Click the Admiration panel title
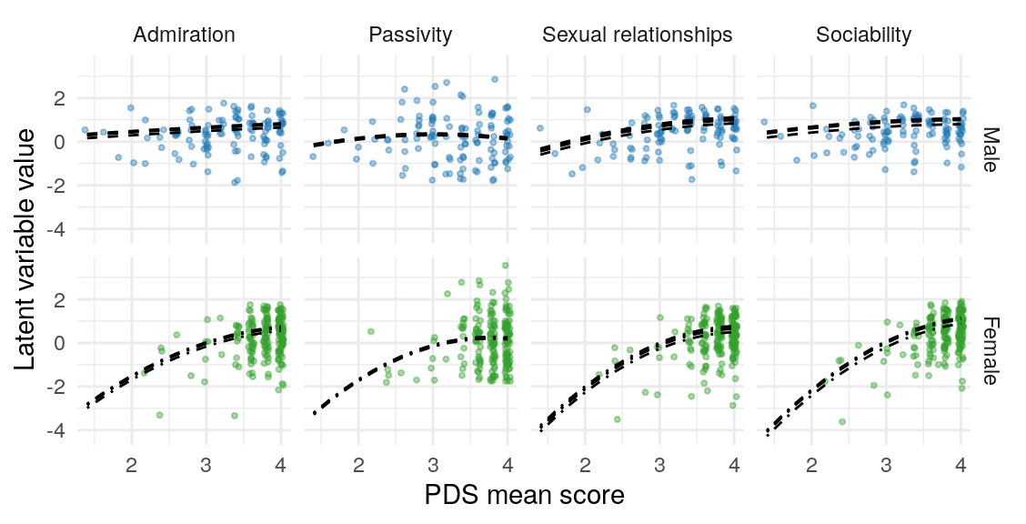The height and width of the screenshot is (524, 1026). (x=184, y=35)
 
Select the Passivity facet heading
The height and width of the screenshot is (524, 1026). (x=411, y=35)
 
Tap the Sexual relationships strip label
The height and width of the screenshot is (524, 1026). (x=637, y=35)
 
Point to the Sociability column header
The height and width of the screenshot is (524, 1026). (x=863, y=35)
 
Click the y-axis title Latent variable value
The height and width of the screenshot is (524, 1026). (x=27, y=248)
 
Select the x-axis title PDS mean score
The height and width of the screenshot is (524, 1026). (x=524, y=496)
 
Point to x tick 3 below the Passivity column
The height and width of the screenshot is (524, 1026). (x=432, y=466)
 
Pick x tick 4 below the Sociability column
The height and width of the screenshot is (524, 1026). (x=961, y=466)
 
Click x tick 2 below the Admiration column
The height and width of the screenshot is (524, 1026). (x=131, y=466)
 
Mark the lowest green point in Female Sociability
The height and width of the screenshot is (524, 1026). (x=842, y=422)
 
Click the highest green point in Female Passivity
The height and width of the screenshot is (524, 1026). (x=506, y=266)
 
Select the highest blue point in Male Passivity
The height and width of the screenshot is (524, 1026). (x=495, y=79)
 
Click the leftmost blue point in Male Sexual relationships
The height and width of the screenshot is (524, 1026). (x=539, y=128)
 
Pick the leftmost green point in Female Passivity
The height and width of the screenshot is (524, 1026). (x=371, y=331)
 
